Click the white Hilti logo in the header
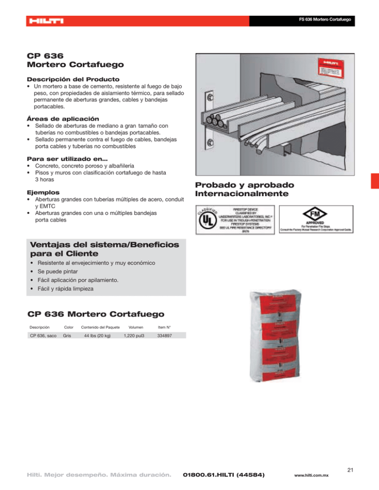coord(45,21)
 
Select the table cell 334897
coord(164,335)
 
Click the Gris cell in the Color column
coord(66,335)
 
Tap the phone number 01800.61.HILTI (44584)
coord(224,475)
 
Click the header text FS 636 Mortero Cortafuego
coord(325,20)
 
